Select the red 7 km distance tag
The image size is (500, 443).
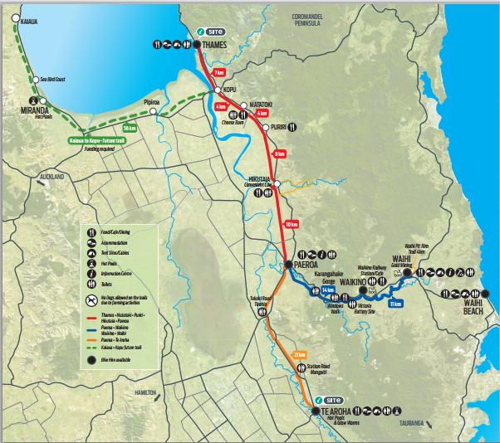click(x=218, y=73)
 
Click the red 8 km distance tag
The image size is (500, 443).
click(x=280, y=154)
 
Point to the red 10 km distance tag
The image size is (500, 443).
click(x=291, y=224)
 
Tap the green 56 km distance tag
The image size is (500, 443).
click(x=129, y=129)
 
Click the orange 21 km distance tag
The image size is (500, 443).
click(x=300, y=355)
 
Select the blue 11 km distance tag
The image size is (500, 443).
click(x=395, y=304)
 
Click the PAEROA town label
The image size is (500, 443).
click(x=301, y=265)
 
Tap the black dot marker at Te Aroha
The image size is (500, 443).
click(x=315, y=410)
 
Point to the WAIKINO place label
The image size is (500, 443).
click(x=353, y=282)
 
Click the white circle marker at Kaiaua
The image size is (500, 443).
click(x=15, y=17)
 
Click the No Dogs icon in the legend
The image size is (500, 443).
click(x=88, y=299)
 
